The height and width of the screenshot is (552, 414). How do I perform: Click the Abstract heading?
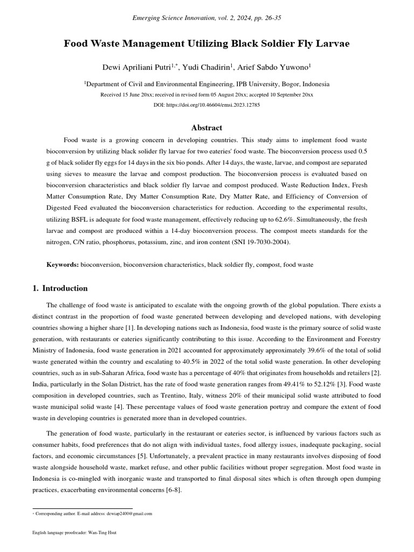[x=207, y=128]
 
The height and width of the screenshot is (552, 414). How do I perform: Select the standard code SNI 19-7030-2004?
[x=260, y=243]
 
